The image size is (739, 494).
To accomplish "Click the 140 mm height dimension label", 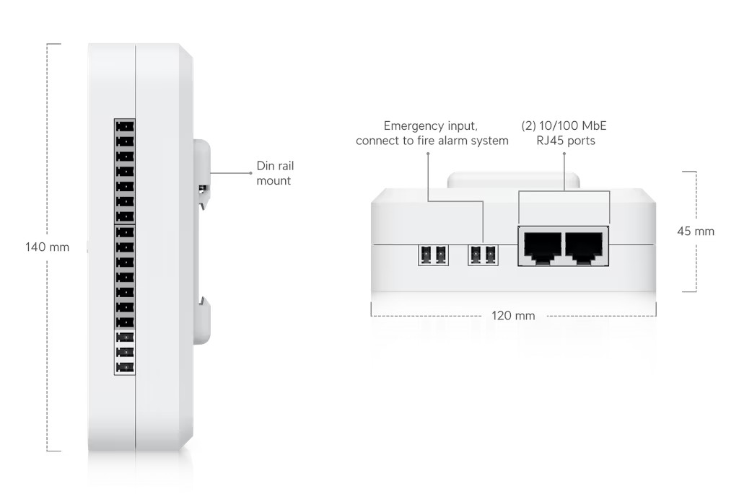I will (48, 247).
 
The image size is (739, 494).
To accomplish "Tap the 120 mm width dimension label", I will (513, 316).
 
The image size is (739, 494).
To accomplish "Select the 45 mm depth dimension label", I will (696, 231).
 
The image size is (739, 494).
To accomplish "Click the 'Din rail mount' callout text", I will (275, 173).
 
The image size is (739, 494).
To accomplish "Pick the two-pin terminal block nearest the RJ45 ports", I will (483, 254).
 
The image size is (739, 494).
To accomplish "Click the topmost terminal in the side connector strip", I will (125, 125).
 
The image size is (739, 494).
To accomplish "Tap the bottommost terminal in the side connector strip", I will (125, 367).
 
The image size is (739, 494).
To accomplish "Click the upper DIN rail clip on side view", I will (201, 173).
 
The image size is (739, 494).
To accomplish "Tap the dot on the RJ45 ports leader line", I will (564, 154).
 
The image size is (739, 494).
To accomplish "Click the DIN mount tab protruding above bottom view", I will (514, 179).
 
